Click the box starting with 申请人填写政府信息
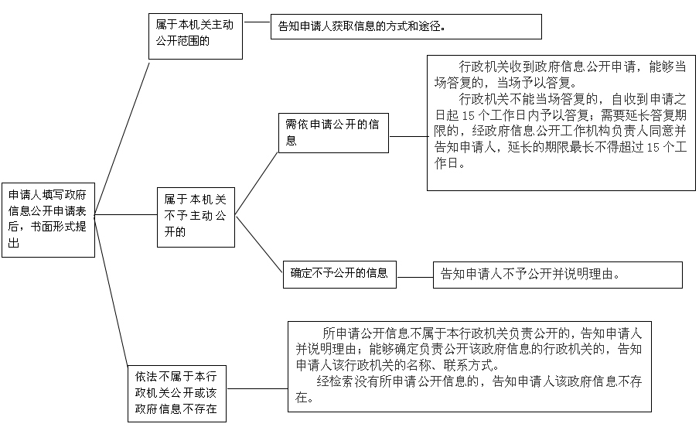48,220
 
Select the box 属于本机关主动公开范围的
196,36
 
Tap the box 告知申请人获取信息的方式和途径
406,27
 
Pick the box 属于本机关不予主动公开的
196,217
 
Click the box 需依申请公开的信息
333,133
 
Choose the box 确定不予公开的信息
339,275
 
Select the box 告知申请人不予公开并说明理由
557,275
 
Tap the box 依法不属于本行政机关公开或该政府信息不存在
177,394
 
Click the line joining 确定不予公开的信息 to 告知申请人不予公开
414,277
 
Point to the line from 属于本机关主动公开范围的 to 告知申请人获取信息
257,22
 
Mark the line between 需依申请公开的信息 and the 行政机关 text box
408,136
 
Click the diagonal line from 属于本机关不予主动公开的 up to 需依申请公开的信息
257,183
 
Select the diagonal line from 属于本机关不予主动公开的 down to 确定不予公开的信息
259,244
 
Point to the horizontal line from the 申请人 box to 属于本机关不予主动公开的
126,214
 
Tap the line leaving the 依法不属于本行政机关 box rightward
257,388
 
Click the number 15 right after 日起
468,116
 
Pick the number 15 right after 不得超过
653,148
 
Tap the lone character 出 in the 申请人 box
14,243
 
